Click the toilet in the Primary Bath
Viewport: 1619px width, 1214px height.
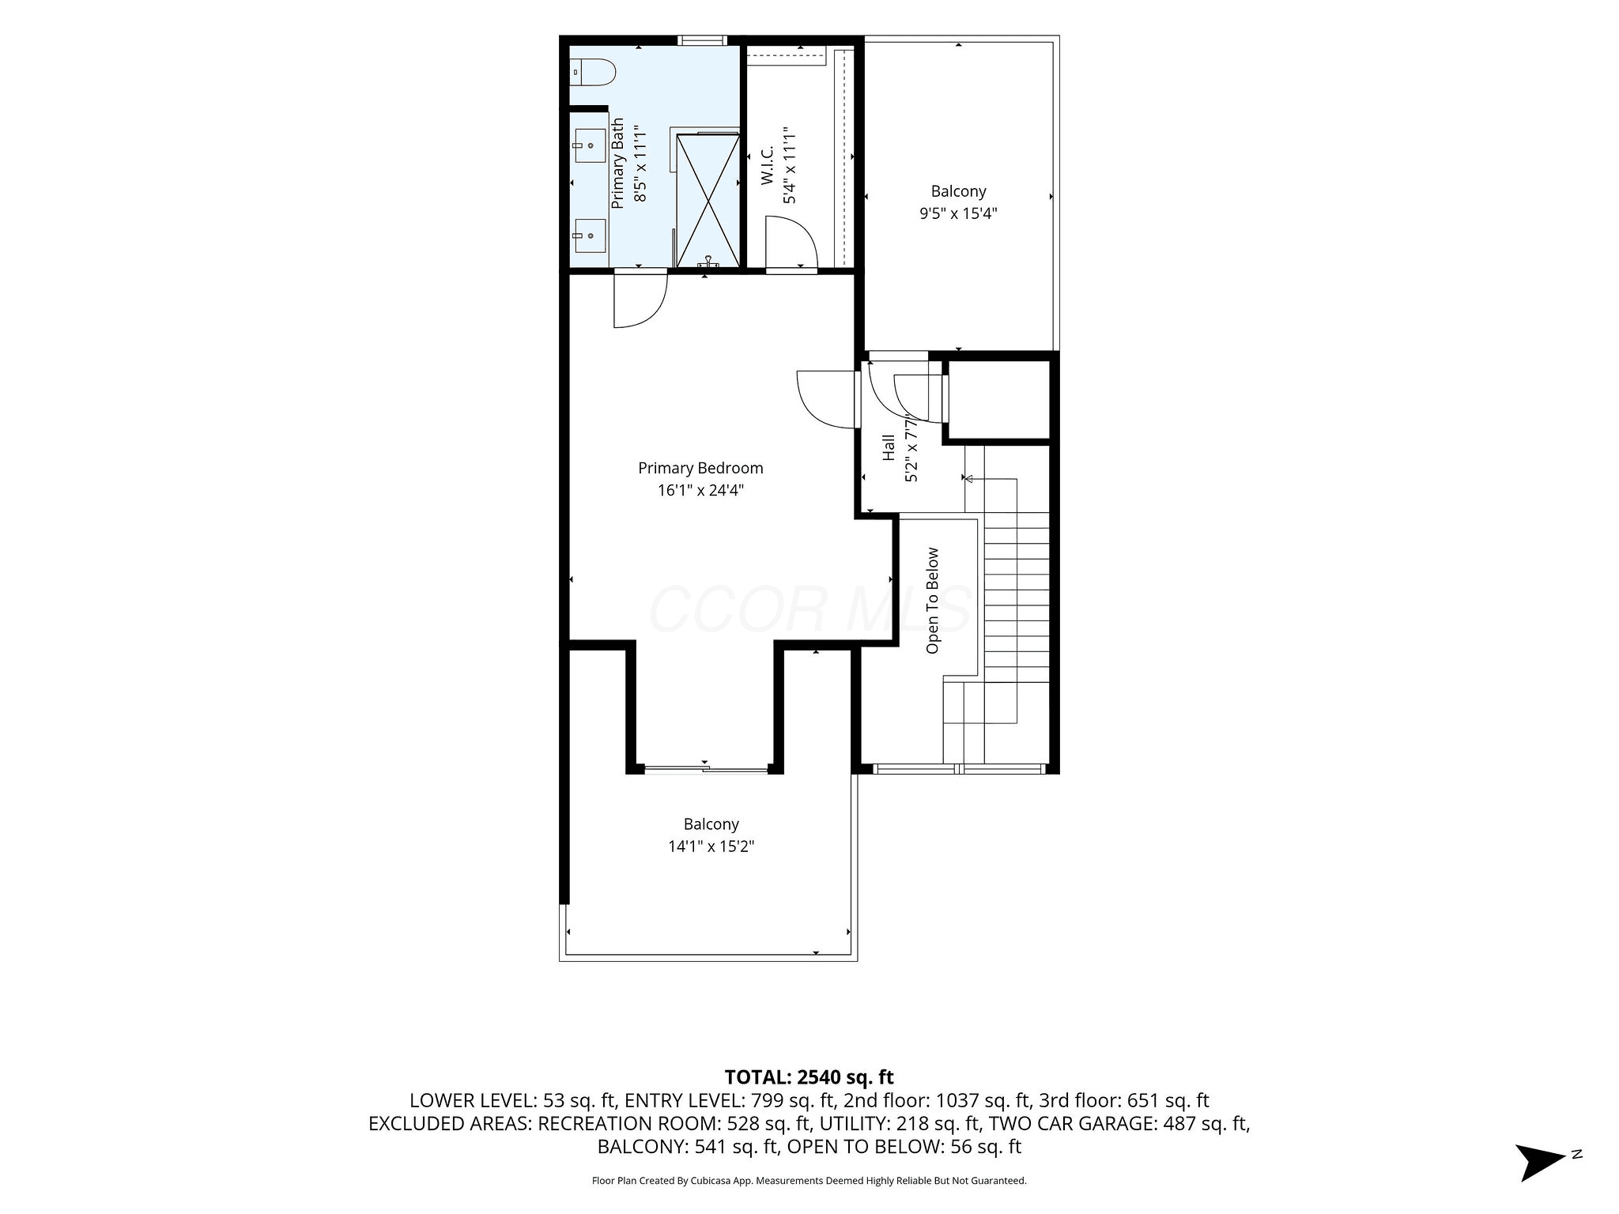coord(592,73)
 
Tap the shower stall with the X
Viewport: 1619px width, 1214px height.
coord(708,200)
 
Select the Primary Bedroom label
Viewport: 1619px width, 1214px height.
coord(700,468)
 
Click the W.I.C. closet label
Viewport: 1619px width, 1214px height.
coord(767,167)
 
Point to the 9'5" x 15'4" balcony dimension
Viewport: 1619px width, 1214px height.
coord(958,213)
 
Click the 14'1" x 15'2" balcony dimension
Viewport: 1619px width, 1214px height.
coord(711,846)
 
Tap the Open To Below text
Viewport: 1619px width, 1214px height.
coord(933,601)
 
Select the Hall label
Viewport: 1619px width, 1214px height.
coord(889,447)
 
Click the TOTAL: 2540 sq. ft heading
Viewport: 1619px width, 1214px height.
coord(809,1076)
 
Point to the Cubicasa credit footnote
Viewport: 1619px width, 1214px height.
coord(809,1181)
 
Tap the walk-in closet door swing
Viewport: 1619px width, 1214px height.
coord(792,245)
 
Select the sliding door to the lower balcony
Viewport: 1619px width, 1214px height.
coord(707,767)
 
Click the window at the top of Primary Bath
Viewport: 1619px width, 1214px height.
coord(702,40)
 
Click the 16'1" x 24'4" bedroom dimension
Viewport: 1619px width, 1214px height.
coord(701,490)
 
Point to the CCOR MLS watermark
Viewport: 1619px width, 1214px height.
coord(809,609)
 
